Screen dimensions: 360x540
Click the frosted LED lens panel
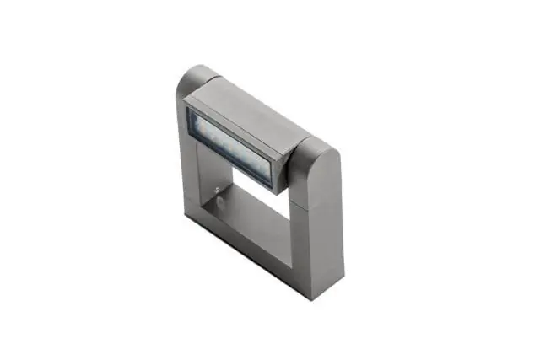click(230, 143)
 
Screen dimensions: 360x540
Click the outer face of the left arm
click(187, 152)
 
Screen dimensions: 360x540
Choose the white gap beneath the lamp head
click(253, 181)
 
